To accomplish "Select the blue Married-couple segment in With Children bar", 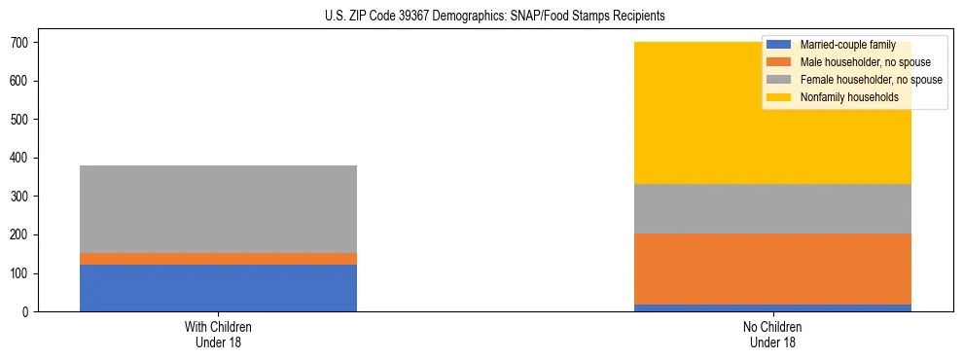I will pos(218,288).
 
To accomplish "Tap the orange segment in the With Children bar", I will pos(218,259).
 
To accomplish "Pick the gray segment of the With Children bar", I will pos(218,209).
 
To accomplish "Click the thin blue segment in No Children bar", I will pos(772,307).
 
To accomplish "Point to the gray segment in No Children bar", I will pos(772,209).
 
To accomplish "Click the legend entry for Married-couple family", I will pos(847,45).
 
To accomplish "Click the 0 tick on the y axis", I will pos(26,312).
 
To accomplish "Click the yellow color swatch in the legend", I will pos(779,97).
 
